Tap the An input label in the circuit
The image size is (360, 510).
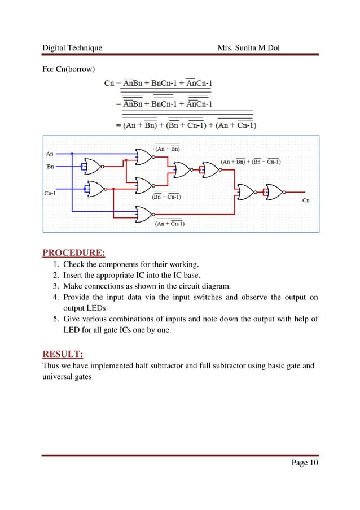tap(50, 153)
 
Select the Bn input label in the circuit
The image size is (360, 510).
tap(50, 167)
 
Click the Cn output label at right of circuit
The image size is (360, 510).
tap(306, 200)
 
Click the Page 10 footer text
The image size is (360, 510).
tap(305, 463)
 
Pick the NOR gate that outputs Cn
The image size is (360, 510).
tap(276, 193)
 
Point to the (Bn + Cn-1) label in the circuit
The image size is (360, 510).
tap(166, 197)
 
